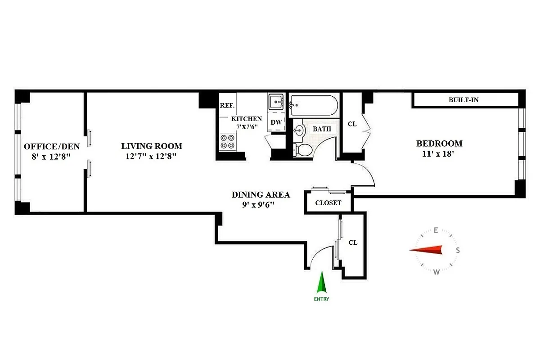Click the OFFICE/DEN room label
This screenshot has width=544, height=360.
click(x=51, y=146)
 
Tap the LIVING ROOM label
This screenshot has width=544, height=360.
click(x=151, y=146)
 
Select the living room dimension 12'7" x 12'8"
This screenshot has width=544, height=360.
click(x=151, y=157)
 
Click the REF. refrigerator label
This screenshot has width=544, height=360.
click(x=227, y=105)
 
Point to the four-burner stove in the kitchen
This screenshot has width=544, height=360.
click(x=228, y=142)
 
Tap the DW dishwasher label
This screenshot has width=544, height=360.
click(x=276, y=122)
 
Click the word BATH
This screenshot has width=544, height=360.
click(x=322, y=129)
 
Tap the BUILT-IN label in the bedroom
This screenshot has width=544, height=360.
click(x=463, y=100)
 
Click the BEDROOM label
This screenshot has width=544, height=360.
click(x=439, y=144)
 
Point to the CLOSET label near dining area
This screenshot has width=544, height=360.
click(x=328, y=203)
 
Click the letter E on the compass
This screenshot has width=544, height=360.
click(x=436, y=230)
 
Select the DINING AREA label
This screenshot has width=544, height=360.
click(x=261, y=195)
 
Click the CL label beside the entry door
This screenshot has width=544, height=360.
click(x=353, y=243)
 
